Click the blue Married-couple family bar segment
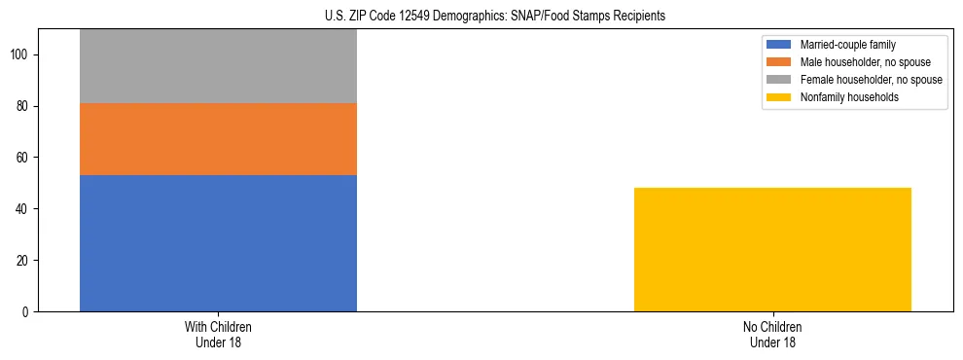click(218, 243)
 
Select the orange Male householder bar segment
click(218, 139)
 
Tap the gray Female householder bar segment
click(218, 66)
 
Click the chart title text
click(495, 17)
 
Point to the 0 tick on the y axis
click(28, 312)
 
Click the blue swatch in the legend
click(779, 45)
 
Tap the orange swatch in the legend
click(779, 62)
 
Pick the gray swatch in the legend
click(779, 80)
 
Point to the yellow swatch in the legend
click(779, 97)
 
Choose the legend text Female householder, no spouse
click(871, 80)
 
